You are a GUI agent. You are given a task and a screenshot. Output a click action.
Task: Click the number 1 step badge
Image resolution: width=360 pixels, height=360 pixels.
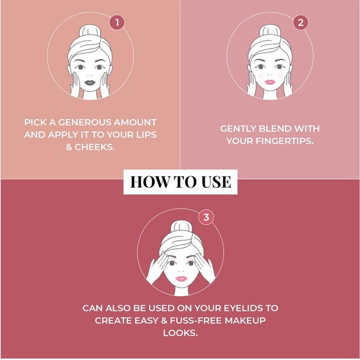[x=117, y=22]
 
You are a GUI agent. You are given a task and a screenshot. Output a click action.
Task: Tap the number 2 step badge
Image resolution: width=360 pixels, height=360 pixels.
[x=300, y=22]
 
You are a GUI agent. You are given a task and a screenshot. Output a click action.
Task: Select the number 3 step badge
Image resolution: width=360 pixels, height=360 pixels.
[x=206, y=217]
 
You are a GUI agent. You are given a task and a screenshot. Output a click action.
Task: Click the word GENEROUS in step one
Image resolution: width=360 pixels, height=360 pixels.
[x=84, y=122]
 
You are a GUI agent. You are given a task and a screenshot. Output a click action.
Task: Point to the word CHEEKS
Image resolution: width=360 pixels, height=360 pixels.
[x=94, y=147]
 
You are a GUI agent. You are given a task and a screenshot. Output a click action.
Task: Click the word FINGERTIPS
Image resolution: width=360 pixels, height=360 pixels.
[x=284, y=141]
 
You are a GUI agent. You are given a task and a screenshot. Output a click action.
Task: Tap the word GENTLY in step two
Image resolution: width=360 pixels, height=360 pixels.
[x=238, y=128]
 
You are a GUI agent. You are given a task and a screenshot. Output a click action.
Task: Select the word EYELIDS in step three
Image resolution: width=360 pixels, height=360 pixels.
[x=243, y=308]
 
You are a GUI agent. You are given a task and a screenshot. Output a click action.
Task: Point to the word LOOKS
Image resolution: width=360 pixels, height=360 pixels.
[x=180, y=333]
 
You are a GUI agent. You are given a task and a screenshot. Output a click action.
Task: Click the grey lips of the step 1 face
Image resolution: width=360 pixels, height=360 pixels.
[x=90, y=83]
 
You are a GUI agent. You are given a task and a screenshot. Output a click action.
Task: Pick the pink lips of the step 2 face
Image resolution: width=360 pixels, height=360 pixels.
[x=270, y=82]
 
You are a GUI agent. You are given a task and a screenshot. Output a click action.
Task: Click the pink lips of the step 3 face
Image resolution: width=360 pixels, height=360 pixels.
[x=181, y=279]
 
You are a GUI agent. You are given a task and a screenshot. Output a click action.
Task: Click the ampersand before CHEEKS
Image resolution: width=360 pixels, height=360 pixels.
[x=69, y=147]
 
